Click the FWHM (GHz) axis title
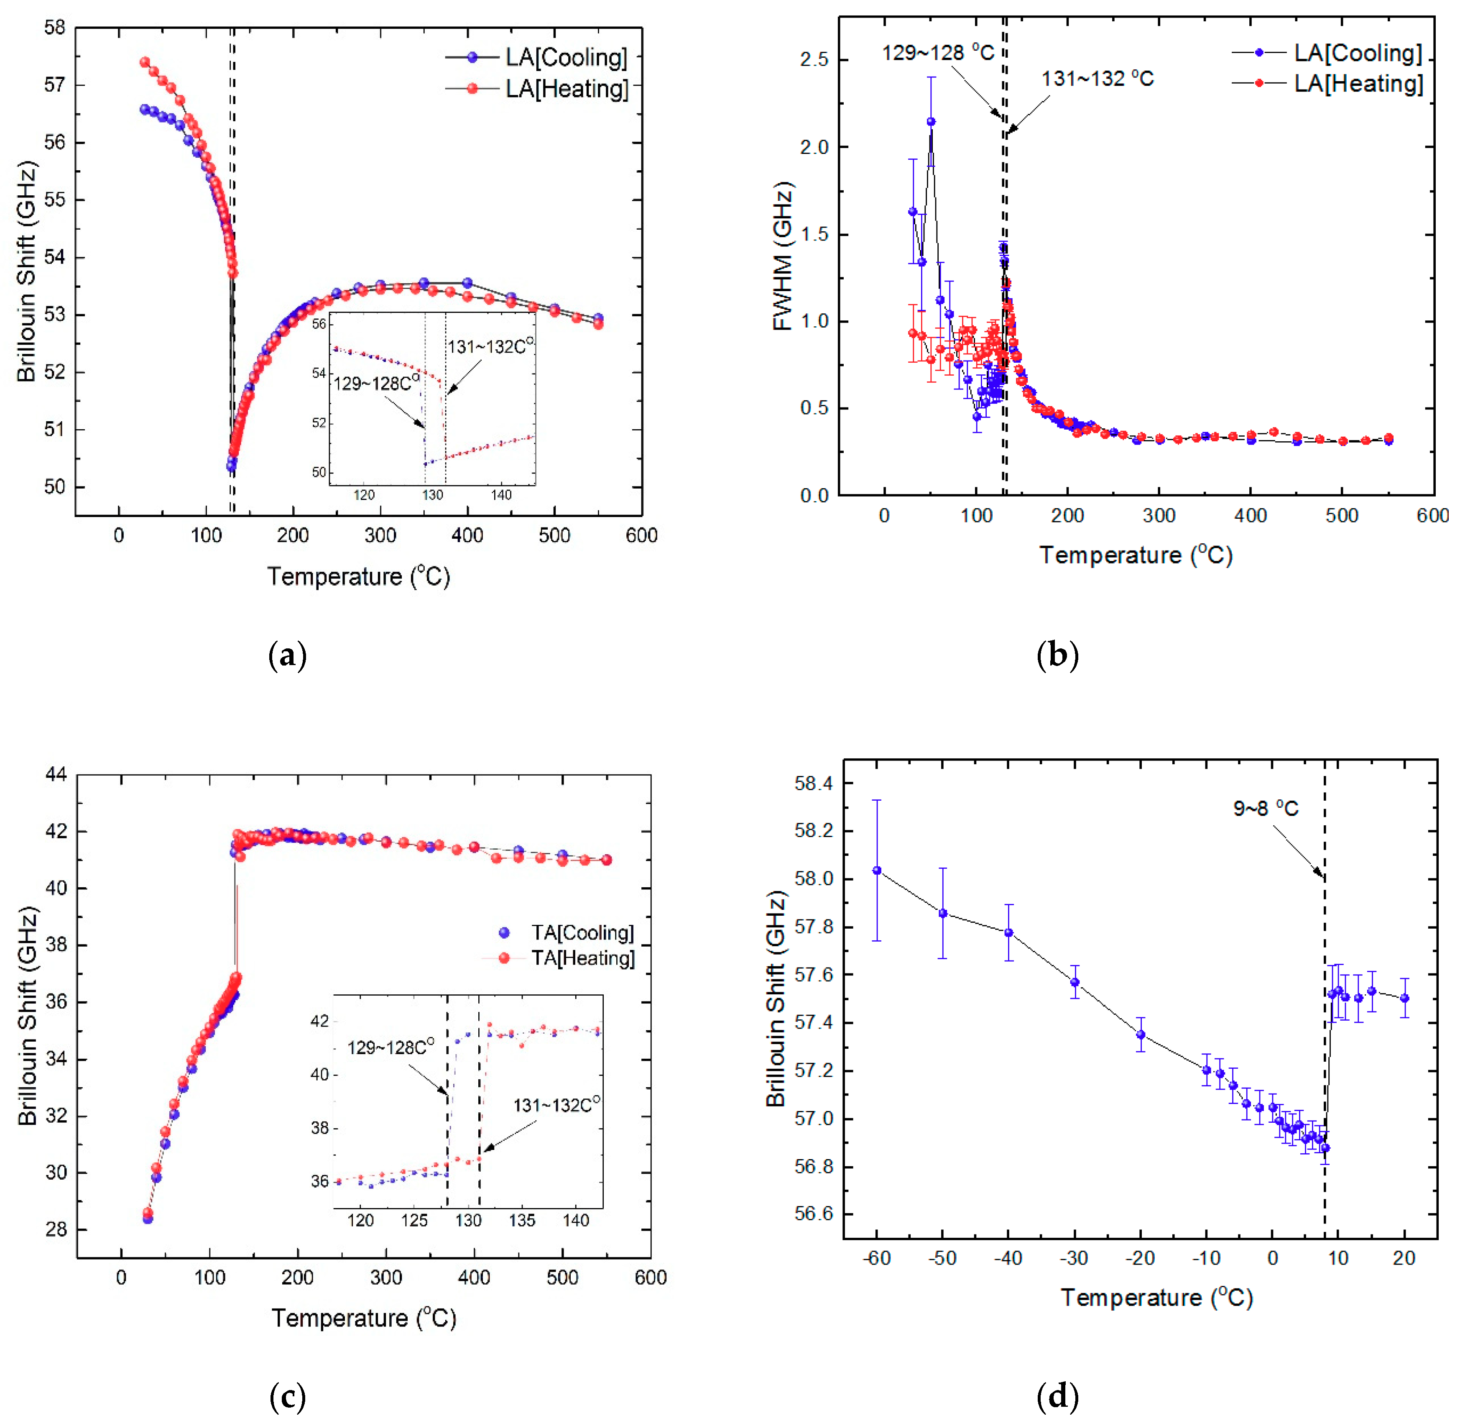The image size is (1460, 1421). coord(782,256)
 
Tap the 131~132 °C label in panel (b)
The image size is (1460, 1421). coord(1097,78)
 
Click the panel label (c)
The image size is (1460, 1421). coord(287,1395)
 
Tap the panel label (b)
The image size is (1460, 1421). coord(1057,655)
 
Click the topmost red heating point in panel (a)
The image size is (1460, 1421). coord(145,62)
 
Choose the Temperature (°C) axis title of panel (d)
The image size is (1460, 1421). coord(1156,1297)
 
